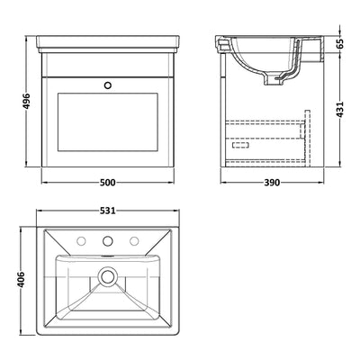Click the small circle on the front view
click(110, 86)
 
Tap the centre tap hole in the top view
click(110, 241)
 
